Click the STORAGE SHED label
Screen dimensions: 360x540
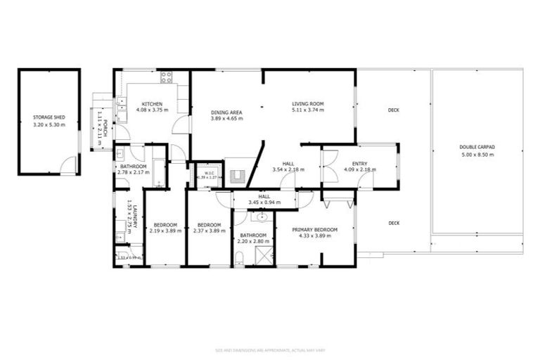point(49,117)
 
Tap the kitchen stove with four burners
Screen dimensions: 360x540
point(167,77)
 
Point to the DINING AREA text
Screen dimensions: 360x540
point(226,112)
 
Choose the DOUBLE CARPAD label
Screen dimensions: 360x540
point(477,147)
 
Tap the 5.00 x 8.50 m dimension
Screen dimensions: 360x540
point(477,154)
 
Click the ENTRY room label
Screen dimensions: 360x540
point(359,163)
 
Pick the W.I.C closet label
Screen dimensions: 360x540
point(209,172)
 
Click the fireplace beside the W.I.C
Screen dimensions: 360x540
point(238,176)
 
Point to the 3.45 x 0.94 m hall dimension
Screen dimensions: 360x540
point(264,202)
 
